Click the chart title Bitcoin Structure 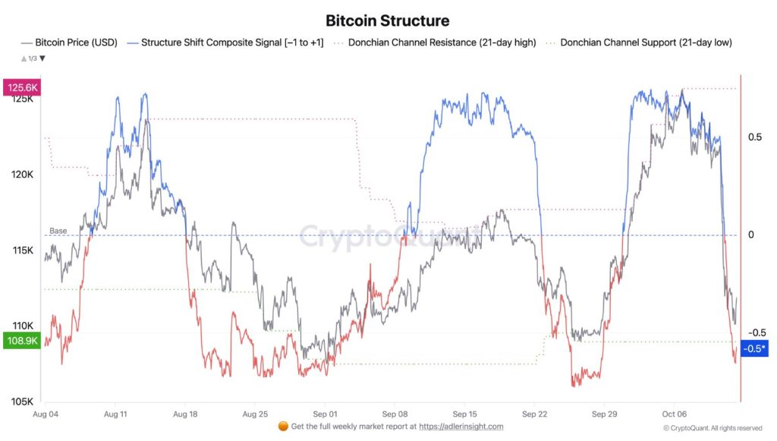pyautogui.click(x=387, y=20)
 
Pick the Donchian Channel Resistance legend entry pyautogui.click(x=433, y=43)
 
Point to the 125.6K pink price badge pyautogui.click(x=23, y=87)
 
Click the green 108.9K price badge pyautogui.click(x=23, y=341)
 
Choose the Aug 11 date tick pyautogui.click(x=115, y=414)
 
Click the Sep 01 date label pyautogui.click(x=325, y=414)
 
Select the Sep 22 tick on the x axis pyautogui.click(x=535, y=414)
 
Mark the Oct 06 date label pyautogui.click(x=675, y=414)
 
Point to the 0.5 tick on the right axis pyautogui.click(x=755, y=137)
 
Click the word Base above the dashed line pyautogui.click(x=58, y=231)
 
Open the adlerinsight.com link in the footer pyautogui.click(x=461, y=427)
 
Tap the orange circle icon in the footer pyautogui.click(x=284, y=427)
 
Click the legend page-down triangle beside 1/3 pyautogui.click(x=42, y=58)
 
